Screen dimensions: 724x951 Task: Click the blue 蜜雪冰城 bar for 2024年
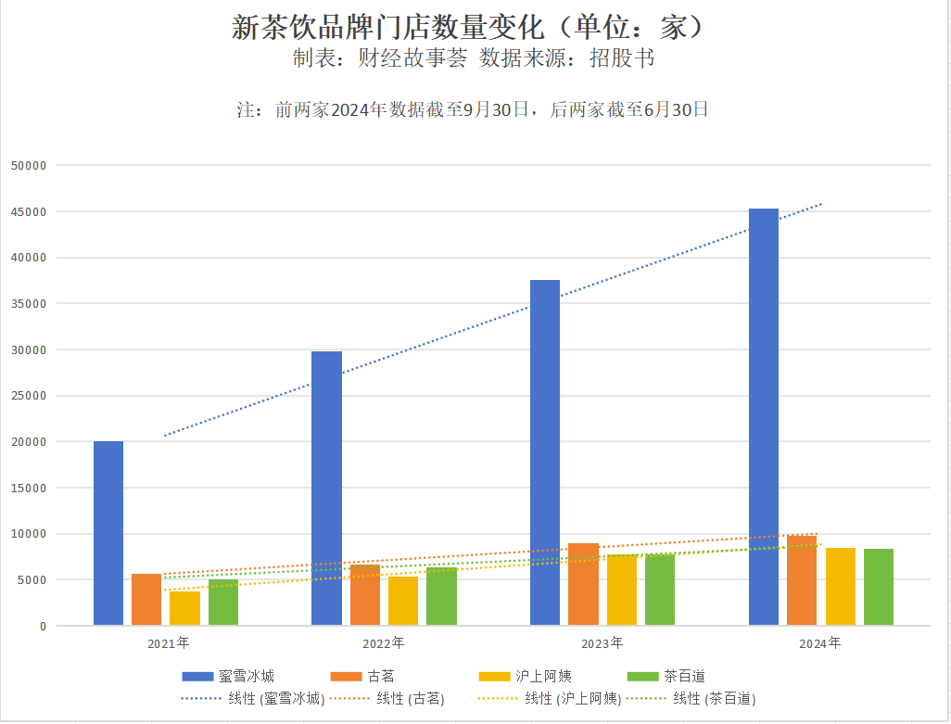point(764,417)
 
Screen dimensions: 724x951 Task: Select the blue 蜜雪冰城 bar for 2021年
point(108,533)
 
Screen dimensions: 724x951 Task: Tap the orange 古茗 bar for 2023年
point(583,584)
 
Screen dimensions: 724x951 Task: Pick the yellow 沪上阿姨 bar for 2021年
point(185,608)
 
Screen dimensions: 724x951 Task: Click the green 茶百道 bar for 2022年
point(441,596)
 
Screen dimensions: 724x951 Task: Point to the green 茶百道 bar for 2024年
point(879,587)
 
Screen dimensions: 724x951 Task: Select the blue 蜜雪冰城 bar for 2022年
point(326,488)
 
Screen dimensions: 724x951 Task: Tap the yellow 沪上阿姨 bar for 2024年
point(841,586)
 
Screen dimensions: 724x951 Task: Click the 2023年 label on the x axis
point(602,642)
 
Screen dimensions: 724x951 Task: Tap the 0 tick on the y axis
point(42,627)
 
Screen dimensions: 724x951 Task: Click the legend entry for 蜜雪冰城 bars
point(227,676)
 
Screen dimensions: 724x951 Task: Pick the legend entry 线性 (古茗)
point(391,699)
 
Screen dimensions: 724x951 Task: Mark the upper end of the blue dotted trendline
point(821,204)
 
